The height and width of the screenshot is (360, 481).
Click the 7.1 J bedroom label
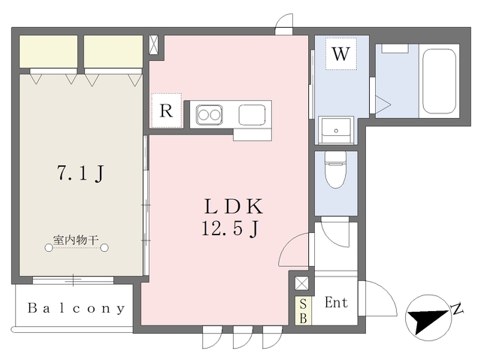[x=81, y=174]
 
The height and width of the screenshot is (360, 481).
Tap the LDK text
[x=234, y=207]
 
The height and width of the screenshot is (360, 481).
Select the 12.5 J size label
[x=230, y=228]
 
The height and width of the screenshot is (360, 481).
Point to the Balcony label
[x=77, y=308]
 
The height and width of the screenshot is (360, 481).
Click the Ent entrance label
[x=336, y=303]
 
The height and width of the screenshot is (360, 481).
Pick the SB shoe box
[x=303, y=310]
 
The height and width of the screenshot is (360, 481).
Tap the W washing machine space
[x=340, y=54]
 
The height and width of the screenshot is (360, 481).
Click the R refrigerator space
[x=166, y=110]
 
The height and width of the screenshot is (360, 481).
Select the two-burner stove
[x=209, y=115]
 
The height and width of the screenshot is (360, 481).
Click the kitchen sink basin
[x=253, y=115]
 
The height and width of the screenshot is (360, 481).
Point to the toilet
[x=336, y=169]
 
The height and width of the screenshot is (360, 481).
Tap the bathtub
[x=439, y=81]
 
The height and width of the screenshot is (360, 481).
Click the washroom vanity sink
[x=336, y=130]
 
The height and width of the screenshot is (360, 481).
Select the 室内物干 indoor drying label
[x=76, y=240]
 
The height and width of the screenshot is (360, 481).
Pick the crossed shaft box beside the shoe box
[x=301, y=283]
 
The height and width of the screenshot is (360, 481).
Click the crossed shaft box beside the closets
[x=153, y=45]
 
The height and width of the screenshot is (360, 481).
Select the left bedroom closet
[x=48, y=52]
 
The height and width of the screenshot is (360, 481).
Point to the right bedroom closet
[x=113, y=52]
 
